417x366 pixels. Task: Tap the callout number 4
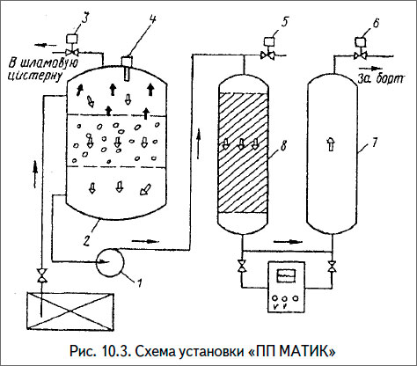point(153,20)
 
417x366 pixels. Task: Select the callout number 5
point(285,21)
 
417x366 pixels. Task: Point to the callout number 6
point(377,23)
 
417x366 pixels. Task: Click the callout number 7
point(375,143)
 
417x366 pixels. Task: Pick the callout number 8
point(284,146)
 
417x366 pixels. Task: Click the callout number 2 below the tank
point(86,240)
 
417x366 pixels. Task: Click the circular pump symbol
point(110,262)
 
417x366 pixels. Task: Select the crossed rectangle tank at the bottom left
point(70,311)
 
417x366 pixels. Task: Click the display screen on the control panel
point(286,275)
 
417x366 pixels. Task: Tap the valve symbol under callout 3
point(71,53)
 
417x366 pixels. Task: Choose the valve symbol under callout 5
point(267,55)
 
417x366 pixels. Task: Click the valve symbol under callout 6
point(360,55)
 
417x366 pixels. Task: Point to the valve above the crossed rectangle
point(42,275)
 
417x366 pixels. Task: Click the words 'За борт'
point(381,79)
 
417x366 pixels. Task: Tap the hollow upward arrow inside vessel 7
point(331,145)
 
